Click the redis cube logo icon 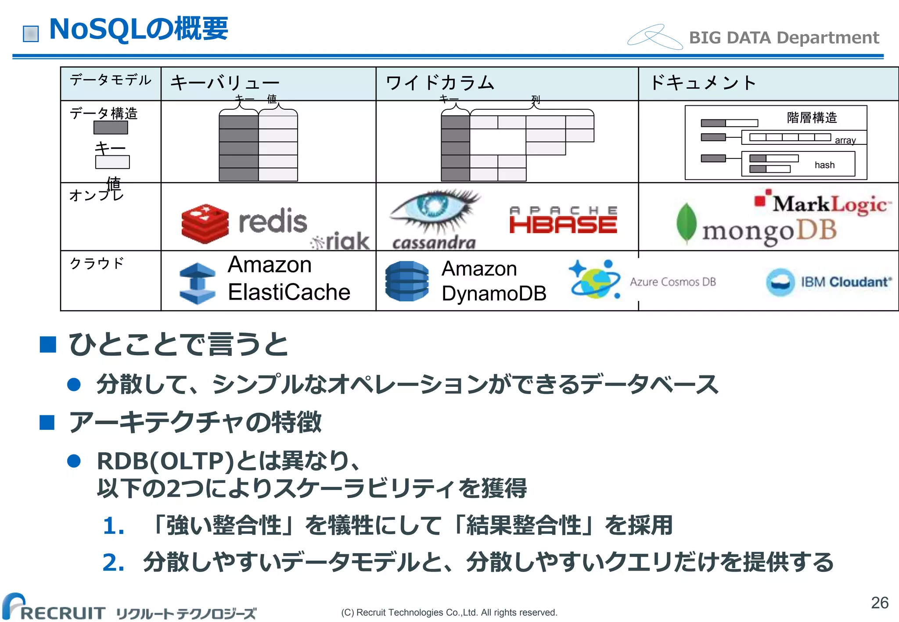click(x=205, y=224)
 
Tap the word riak click(x=347, y=241)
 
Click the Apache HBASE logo click(x=563, y=220)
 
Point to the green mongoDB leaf click(x=687, y=223)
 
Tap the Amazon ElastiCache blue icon click(x=198, y=283)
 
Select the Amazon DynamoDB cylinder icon click(x=407, y=281)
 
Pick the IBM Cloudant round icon click(x=780, y=282)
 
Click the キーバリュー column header click(x=224, y=83)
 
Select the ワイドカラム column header click(x=440, y=83)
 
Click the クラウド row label click(x=97, y=263)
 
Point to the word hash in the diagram click(x=824, y=165)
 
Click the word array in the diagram click(x=845, y=140)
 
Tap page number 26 click(x=879, y=603)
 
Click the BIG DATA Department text click(x=784, y=38)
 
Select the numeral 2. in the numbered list click(x=113, y=563)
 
